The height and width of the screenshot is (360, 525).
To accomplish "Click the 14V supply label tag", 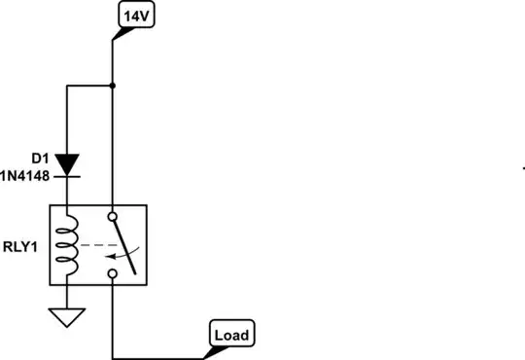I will [x=134, y=16].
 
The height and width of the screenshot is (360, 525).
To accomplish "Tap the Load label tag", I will [x=230, y=336].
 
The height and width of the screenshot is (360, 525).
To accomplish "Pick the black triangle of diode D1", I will [x=66, y=162].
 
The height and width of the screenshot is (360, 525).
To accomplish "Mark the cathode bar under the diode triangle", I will [x=66, y=175].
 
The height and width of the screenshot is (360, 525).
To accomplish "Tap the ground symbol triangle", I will [x=66, y=317].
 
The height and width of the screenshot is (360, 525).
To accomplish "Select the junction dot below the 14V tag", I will [x=113, y=86].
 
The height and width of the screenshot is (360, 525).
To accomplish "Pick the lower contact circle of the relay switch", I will [x=113, y=275].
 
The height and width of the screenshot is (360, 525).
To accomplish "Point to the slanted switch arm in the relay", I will [x=122, y=242].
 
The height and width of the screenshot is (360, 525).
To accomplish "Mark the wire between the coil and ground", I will [x=66, y=296].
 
